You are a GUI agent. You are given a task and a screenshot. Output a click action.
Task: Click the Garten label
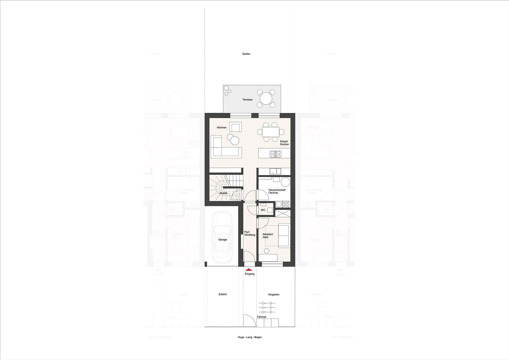pos(246,54)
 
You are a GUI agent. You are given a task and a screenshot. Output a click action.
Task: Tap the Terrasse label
pos(247,100)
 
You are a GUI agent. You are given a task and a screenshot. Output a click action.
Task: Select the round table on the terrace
pos(266,99)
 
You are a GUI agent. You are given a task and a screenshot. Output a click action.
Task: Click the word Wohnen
pos(222,128)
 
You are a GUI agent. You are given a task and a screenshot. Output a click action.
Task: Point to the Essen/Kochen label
pos(284,143)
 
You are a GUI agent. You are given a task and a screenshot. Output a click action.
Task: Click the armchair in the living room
pos(236,128)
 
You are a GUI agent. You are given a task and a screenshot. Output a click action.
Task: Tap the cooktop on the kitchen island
pos(276,154)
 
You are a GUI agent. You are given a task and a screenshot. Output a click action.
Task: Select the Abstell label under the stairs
pos(223,193)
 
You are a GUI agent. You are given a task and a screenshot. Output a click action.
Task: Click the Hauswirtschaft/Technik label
pos(277,191)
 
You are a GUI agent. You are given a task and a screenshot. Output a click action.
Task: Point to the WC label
pos(263,210)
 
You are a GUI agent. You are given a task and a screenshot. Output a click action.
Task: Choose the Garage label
pos(222,240)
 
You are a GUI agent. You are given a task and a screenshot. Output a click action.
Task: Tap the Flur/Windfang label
pos(250,233)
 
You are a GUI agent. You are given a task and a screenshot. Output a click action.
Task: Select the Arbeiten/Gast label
pos(268,236)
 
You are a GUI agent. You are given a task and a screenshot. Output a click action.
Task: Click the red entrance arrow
pos(248,270)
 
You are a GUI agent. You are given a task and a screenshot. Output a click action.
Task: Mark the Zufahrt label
pos(222,294)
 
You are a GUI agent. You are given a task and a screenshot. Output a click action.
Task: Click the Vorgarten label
pos(274,294)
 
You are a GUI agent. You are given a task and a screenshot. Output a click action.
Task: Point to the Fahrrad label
pos(261,317)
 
